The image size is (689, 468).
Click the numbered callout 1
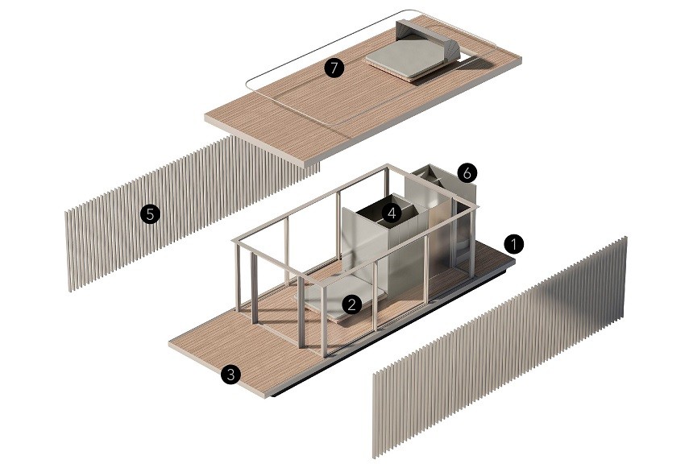513,243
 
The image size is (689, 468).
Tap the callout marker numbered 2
351,304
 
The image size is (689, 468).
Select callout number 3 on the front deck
230,375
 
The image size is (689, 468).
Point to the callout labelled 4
392,213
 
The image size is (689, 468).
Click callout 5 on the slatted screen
150,215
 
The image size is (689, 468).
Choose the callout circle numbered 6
467,173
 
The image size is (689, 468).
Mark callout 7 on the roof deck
334,68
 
